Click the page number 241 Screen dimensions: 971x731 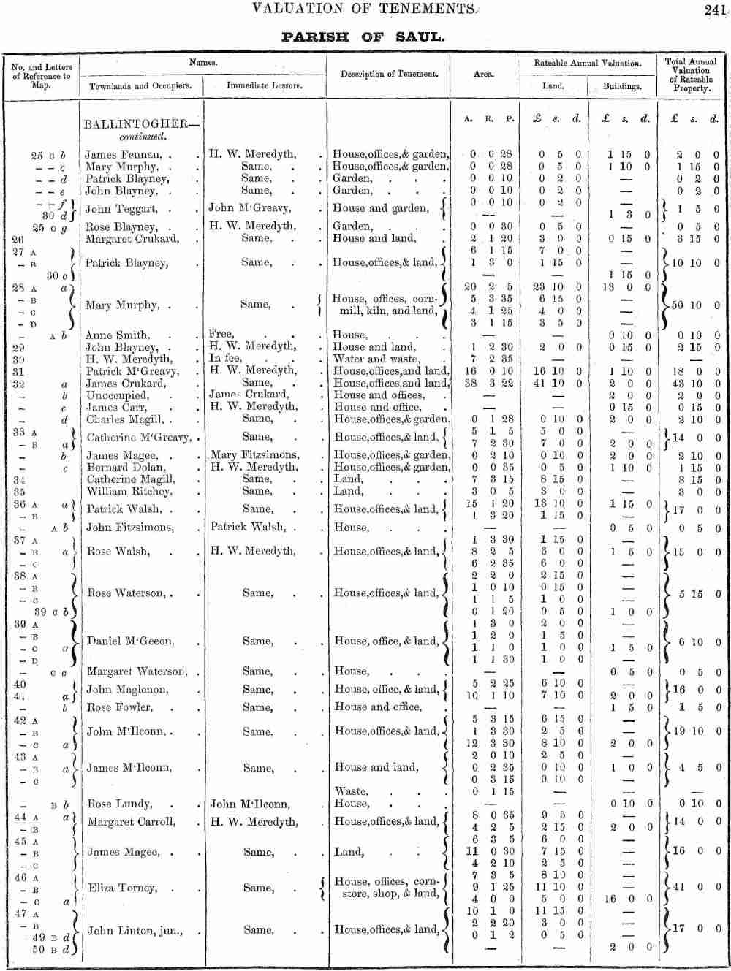coord(715,10)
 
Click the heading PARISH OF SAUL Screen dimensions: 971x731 coord(363,37)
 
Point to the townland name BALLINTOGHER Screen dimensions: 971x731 coord(136,125)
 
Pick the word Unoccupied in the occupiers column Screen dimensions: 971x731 coord(117,395)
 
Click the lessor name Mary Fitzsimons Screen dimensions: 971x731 coord(254,455)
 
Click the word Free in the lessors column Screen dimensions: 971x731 coord(221,335)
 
